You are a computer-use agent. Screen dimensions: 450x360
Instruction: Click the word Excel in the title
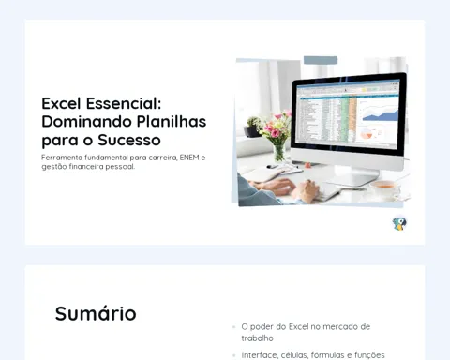(x=61, y=103)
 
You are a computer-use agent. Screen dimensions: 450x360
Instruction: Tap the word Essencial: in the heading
(x=124, y=103)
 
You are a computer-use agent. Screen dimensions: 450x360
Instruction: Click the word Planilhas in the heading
(x=172, y=122)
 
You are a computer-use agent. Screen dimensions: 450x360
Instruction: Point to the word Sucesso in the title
(x=129, y=140)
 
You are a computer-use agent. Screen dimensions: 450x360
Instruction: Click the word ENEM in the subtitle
(x=189, y=157)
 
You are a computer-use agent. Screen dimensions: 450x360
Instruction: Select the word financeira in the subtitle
(x=86, y=167)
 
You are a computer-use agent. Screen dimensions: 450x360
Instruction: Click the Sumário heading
(x=96, y=313)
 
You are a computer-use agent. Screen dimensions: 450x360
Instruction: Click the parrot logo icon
(x=399, y=223)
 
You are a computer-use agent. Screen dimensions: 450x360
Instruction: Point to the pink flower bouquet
(x=276, y=127)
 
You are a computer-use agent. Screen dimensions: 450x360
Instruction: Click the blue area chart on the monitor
(x=380, y=115)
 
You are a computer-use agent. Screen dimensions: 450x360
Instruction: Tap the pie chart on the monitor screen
(x=367, y=135)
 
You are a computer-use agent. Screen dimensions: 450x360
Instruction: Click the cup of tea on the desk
(x=384, y=187)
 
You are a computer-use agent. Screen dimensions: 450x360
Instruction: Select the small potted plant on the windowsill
(x=253, y=127)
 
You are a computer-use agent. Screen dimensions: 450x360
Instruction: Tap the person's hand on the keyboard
(x=304, y=189)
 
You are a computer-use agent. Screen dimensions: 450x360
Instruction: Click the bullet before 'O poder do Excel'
(x=233, y=327)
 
